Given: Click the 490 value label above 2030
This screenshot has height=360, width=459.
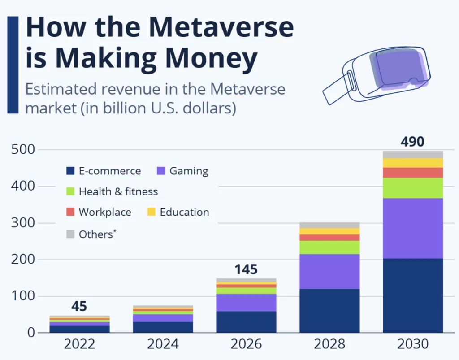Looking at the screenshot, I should (412, 142).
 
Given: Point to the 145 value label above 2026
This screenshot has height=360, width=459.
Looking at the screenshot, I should (246, 269).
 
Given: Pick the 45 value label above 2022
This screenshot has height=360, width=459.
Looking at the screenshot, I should (79, 307).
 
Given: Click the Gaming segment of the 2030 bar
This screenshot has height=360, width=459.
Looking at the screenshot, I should (413, 228).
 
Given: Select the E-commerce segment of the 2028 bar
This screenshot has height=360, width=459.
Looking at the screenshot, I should (329, 310).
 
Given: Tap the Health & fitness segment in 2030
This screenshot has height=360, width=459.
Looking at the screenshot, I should (413, 188).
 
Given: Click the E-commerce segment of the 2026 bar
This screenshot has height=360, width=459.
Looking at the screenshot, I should (246, 321).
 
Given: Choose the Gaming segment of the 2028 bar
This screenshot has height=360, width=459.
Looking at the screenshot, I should (329, 271).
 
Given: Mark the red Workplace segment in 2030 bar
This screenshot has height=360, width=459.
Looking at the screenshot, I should (413, 173).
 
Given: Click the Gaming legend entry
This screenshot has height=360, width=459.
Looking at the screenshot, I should (182, 171).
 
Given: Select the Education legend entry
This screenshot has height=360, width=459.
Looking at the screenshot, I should (178, 212).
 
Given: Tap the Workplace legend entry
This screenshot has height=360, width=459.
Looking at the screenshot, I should (99, 212).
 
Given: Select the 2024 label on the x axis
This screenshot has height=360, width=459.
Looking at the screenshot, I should (163, 344).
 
